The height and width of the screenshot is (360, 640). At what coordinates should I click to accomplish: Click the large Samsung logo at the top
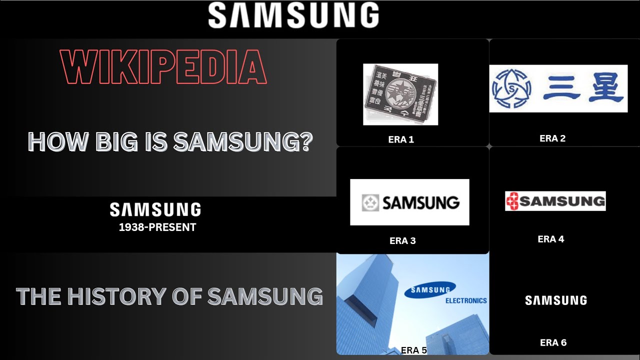pyautogui.click(x=293, y=15)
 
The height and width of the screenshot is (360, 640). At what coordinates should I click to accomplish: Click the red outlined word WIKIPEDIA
pyautogui.click(x=163, y=67)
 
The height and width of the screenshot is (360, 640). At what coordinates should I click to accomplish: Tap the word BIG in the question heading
pyautogui.click(x=110, y=142)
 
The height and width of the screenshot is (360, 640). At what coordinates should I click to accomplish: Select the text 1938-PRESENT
pyautogui.click(x=157, y=227)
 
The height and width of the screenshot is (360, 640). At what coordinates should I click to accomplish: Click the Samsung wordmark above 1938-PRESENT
pyautogui.click(x=155, y=209)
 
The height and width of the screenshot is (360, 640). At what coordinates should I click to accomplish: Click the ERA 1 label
pyautogui.click(x=401, y=139)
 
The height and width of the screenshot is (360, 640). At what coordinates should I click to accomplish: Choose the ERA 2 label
pyautogui.click(x=552, y=138)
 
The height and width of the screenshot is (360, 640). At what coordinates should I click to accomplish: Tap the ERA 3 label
pyautogui.click(x=402, y=240)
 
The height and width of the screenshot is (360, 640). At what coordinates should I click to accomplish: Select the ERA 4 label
pyautogui.click(x=550, y=239)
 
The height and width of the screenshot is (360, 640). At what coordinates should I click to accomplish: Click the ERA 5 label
pyautogui.click(x=413, y=350)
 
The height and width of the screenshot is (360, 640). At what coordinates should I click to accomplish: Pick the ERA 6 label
pyautogui.click(x=553, y=342)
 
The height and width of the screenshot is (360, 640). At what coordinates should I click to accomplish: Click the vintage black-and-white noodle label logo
pyautogui.click(x=400, y=94)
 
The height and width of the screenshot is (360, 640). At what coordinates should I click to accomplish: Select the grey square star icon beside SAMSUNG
pyautogui.click(x=370, y=202)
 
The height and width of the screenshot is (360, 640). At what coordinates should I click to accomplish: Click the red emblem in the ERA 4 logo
pyautogui.click(x=512, y=201)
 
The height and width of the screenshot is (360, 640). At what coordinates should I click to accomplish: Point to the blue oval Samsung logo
pyautogui.click(x=430, y=289)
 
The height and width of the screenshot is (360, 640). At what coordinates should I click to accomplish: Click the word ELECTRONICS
pyautogui.click(x=466, y=301)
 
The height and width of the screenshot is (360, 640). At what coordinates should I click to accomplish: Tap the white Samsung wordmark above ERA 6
pyautogui.click(x=556, y=300)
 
